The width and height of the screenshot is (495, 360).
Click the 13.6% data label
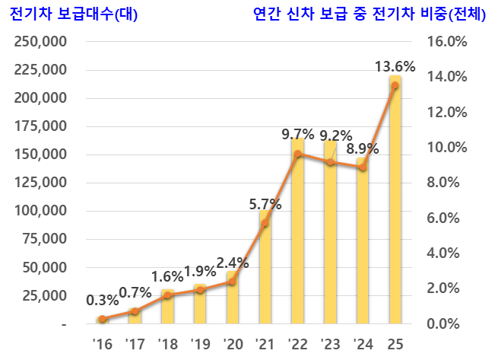click(x=395, y=67)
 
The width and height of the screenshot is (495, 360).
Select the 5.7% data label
click(x=265, y=204)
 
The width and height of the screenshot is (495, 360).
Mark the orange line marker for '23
click(x=330, y=162)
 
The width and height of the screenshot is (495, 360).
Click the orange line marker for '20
click(x=232, y=282)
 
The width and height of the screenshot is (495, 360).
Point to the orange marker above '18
click(x=167, y=295)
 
